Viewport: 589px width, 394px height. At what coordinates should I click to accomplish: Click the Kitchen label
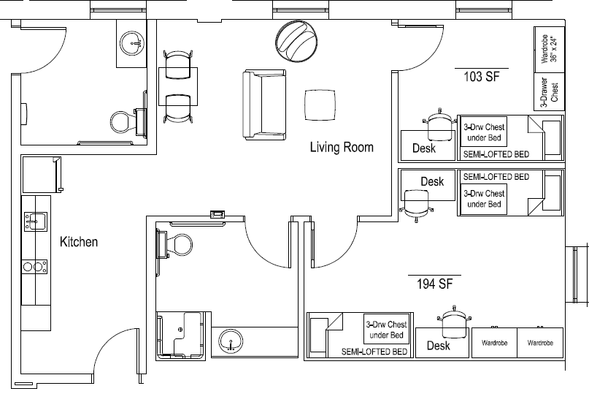[79, 242]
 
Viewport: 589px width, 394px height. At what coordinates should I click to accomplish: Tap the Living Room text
[342, 147]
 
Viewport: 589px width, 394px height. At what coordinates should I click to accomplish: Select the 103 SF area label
[482, 77]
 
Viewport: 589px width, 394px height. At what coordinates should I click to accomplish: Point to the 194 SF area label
[434, 284]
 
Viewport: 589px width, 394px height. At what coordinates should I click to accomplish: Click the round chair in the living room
[296, 41]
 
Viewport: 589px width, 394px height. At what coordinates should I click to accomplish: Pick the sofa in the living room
[264, 105]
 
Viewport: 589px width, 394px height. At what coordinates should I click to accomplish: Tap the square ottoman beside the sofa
[320, 105]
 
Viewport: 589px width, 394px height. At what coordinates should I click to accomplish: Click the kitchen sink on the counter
[36, 221]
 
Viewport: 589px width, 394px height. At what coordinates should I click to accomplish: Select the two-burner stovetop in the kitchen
[34, 267]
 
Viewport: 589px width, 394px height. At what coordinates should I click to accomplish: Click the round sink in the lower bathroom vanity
[231, 341]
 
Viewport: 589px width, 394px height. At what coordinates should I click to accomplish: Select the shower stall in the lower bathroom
[181, 335]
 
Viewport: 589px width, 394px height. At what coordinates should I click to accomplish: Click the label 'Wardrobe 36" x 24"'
[549, 49]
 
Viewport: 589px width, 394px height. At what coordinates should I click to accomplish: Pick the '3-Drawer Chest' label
[549, 92]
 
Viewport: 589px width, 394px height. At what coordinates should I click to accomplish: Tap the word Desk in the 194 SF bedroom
[439, 346]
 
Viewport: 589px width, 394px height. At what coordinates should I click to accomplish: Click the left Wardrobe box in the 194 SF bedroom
[494, 342]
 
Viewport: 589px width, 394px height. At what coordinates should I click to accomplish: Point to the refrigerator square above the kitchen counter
[41, 175]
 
